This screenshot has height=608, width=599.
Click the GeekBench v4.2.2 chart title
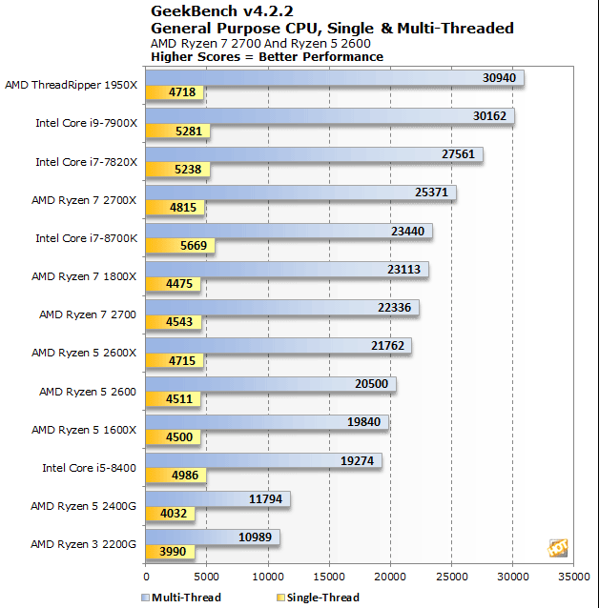coord(207,10)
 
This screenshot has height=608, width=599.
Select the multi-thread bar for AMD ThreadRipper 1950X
coord(334,77)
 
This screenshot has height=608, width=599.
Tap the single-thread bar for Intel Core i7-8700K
coord(180,245)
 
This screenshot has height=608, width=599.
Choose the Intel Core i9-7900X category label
coord(87,123)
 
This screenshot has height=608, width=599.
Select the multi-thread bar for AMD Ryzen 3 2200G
coord(212,537)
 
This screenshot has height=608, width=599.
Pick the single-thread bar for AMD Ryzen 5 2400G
coord(170,514)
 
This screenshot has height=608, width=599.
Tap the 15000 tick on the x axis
coord(329,576)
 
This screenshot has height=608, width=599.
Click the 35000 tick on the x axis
coord(573,576)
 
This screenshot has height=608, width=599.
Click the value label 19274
coord(359,460)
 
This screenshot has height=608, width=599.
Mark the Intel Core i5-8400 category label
coord(90,468)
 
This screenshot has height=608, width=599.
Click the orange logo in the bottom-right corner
coord(558,547)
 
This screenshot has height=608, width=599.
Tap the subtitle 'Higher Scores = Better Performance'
coord(267,56)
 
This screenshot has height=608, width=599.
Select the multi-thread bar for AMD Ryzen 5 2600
coord(270,384)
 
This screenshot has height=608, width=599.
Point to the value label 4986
coord(183,475)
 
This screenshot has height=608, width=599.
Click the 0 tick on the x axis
coord(146,576)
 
